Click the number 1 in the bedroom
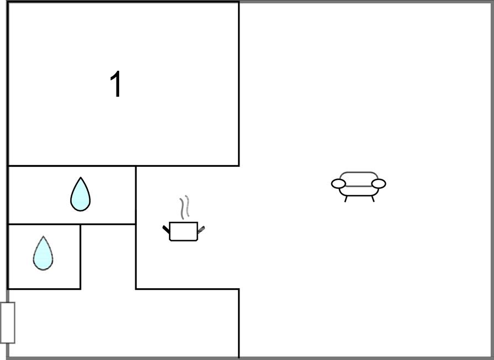116,84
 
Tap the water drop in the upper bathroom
81,194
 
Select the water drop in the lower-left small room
43,253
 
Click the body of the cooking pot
183,231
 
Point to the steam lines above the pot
185,207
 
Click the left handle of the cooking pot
166,229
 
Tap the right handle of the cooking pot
201,230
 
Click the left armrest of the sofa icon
338,183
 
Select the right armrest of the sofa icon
379,183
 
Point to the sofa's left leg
346,199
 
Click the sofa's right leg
373,199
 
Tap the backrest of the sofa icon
359,175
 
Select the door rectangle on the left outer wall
8,322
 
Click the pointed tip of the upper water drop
81,177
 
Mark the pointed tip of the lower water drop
43,236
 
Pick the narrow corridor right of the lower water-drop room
108,257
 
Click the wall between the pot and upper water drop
136,195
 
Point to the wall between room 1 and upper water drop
72,166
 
